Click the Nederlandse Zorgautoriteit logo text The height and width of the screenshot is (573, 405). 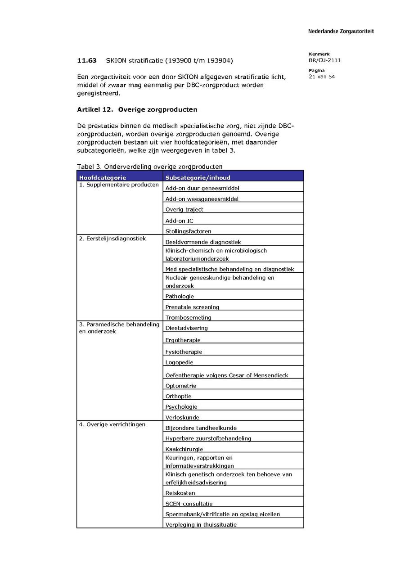click(341, 32)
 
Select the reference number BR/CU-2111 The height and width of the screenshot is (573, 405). click(324, 60)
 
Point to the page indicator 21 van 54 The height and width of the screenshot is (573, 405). click(322, 77)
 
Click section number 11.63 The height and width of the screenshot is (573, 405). click(87, 60)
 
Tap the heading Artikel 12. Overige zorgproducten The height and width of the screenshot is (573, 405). click(137, 109)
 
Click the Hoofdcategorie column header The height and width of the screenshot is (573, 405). click(103, 177)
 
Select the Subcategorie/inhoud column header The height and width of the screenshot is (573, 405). click(198, 177)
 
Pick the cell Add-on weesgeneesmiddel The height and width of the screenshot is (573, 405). click(202, 199)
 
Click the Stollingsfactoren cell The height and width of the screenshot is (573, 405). click(188, 231)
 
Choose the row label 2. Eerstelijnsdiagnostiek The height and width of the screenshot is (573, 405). click(112, 239)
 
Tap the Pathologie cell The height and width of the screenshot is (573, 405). click(180, 296)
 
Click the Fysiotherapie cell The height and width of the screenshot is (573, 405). click(184, 352)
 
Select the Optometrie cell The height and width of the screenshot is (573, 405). click(181, 386)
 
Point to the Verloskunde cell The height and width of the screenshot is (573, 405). click(182, 417)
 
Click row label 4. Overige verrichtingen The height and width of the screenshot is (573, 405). click(112, 424)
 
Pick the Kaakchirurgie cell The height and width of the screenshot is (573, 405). click(184, 449)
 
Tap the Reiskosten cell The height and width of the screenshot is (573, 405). click(180, 493)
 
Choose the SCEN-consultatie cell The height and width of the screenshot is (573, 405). click(189, 504)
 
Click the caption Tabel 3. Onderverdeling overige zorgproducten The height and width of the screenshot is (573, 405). click(149, 167)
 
